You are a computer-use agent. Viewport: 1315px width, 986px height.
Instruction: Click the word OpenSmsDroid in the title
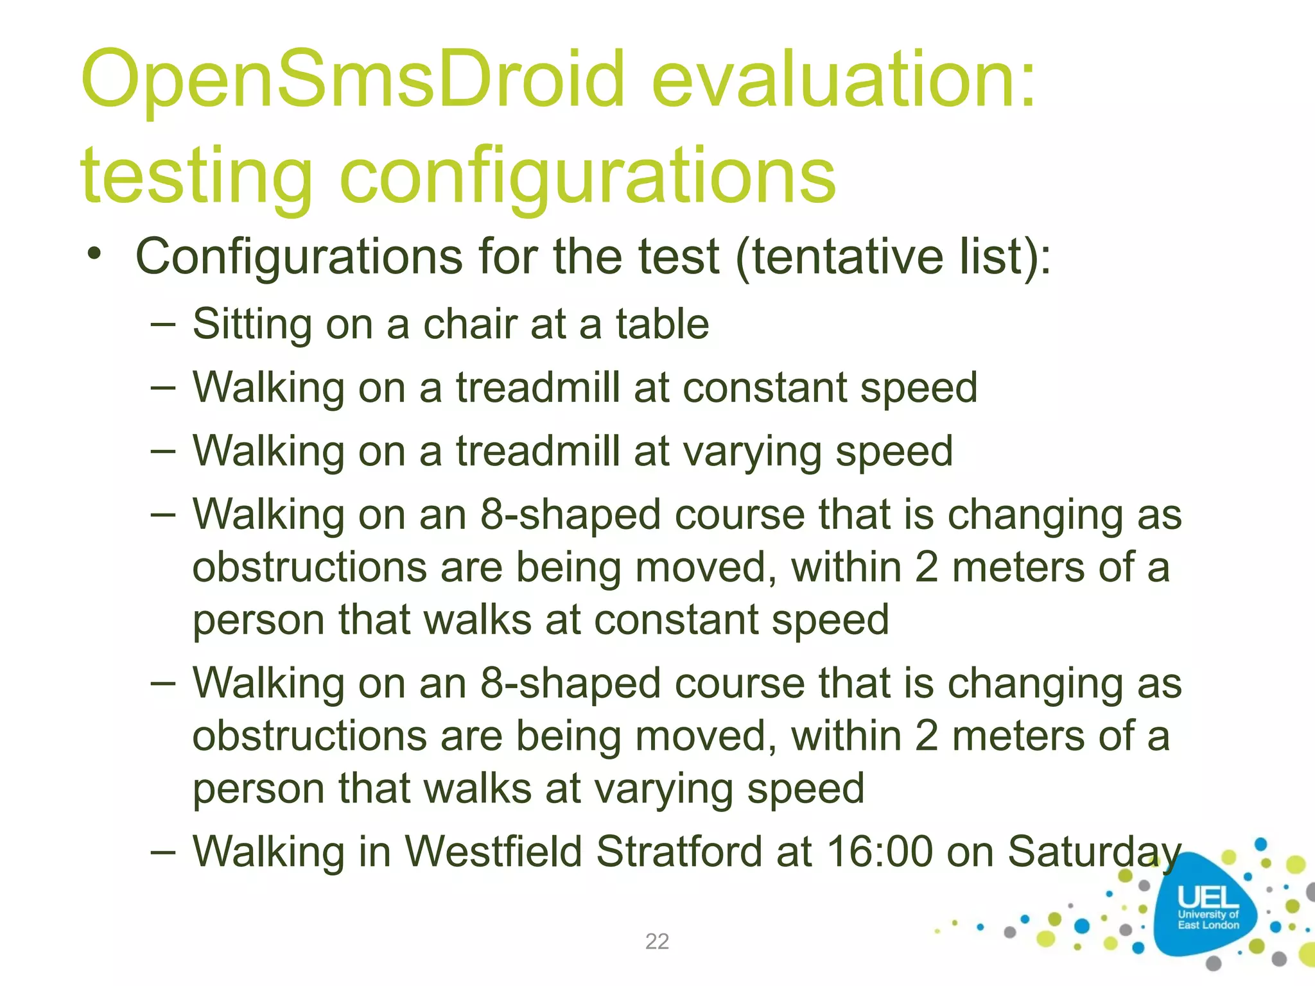(353, 80)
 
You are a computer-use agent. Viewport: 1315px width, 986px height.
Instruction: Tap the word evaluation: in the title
(844, 80)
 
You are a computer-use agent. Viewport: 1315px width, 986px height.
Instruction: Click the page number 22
(657, 941)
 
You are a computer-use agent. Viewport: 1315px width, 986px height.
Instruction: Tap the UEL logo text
(1208, 897)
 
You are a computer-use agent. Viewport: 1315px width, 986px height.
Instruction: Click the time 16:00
(879, 852)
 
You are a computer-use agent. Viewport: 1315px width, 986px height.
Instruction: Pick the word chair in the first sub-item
(470, 324)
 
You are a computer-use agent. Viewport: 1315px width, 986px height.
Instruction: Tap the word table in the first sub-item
(662, 324)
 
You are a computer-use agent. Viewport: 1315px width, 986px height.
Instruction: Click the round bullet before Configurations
(95, 254)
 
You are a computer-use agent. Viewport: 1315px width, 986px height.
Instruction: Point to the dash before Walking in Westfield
(163, 852)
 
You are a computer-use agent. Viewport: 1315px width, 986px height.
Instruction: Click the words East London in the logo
(1208, 925)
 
